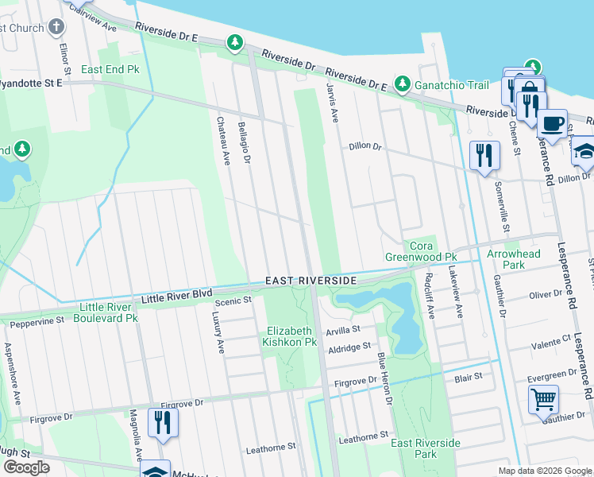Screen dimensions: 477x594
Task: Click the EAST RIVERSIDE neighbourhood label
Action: coord(310,281)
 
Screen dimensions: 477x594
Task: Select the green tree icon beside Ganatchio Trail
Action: coord(403,83)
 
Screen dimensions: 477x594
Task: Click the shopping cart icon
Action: coord(543,400)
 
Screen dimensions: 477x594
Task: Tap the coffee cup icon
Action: coord(552,124)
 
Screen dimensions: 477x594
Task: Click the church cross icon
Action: coord(56,27)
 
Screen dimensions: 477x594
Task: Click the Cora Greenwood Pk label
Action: coord(421,251)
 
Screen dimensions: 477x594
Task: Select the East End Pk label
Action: coord(110,70)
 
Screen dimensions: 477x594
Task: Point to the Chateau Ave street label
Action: coord(223,142)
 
